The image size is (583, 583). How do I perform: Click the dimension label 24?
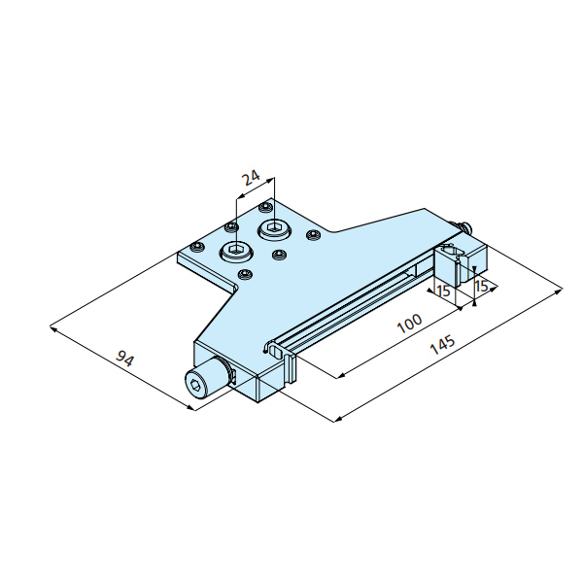pyautogui.click(x=251, y=178)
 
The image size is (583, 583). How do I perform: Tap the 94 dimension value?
pyautogui.click(x=124, y=359)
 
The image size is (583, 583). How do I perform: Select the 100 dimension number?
pyautogui.click(x=410, y=324)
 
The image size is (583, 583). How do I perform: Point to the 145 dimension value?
pyautogui.click(x=442, y=345)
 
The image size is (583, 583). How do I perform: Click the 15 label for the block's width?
pyautogui.click(x=444, y=291)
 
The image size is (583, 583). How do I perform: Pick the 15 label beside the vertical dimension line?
pyautogui.click(x=482, y=286)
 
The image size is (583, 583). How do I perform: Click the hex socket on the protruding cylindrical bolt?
pyautogui.click(x=195, y=385)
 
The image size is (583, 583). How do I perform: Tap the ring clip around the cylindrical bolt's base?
pyautogui.click(x=229, y=374)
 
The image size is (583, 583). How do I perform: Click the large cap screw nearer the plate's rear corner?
pyautogui.click(x=274, y=228)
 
